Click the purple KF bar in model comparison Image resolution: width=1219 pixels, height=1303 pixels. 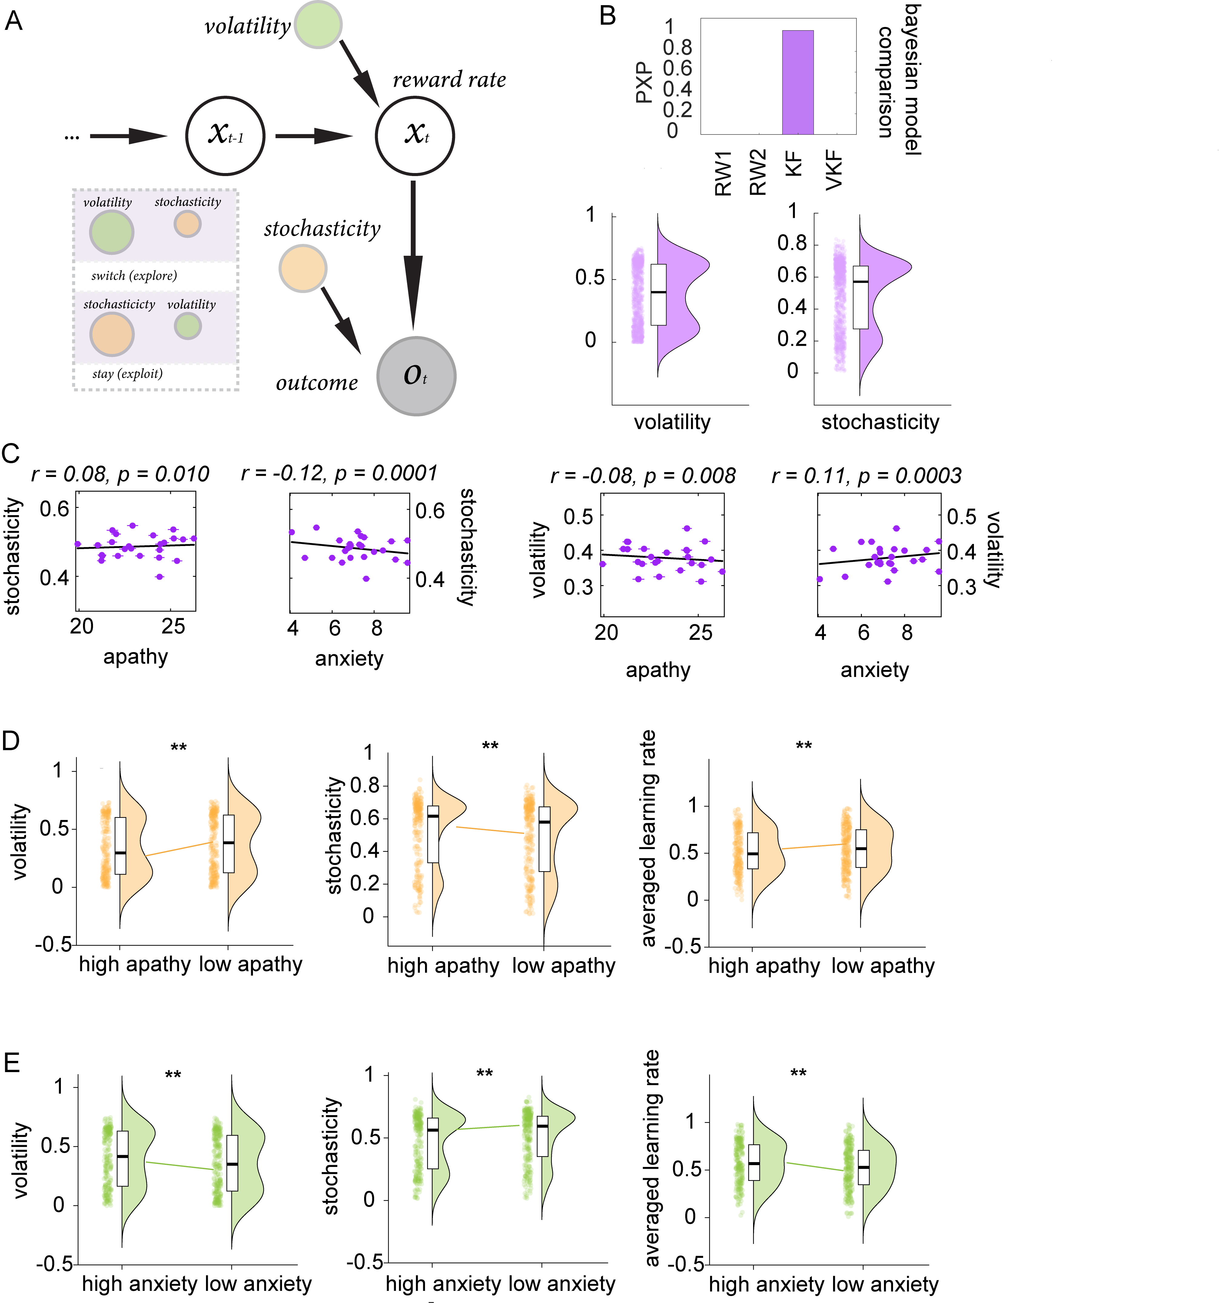(798, 83)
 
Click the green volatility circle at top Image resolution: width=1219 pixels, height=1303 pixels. (318, 24)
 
